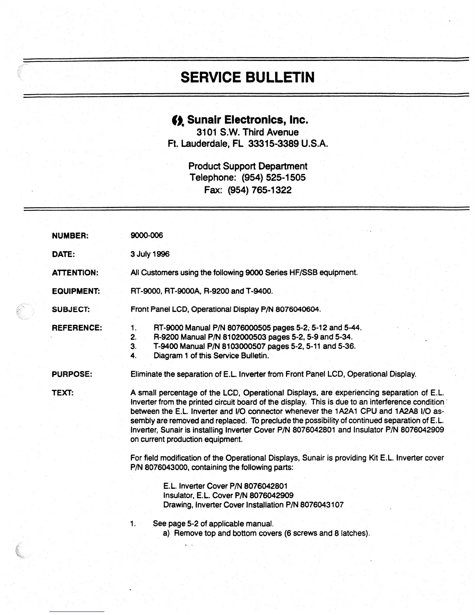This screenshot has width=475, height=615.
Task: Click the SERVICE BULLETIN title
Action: pyautogui.click(x=247, y=77)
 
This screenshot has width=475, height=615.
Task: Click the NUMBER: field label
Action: pyautogui.click(x=70, y=236)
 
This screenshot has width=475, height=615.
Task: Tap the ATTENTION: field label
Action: pyautogui.click(x=75, y=273)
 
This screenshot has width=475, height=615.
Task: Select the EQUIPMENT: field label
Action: pyautogui.click(x=76, y=291)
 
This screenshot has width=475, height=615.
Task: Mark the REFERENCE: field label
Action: pyautogui.click(x=77, y=328)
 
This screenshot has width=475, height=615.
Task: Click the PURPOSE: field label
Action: pyautogui.click(x=72, y=375)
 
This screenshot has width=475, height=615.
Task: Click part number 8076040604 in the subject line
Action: pyautogui.click(x=298, y=310)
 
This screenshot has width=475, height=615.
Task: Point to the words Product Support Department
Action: pyautogui.click(x=248, y=166)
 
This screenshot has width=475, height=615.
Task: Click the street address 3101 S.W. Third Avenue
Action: pyautogui.click(x=248, y=132)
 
